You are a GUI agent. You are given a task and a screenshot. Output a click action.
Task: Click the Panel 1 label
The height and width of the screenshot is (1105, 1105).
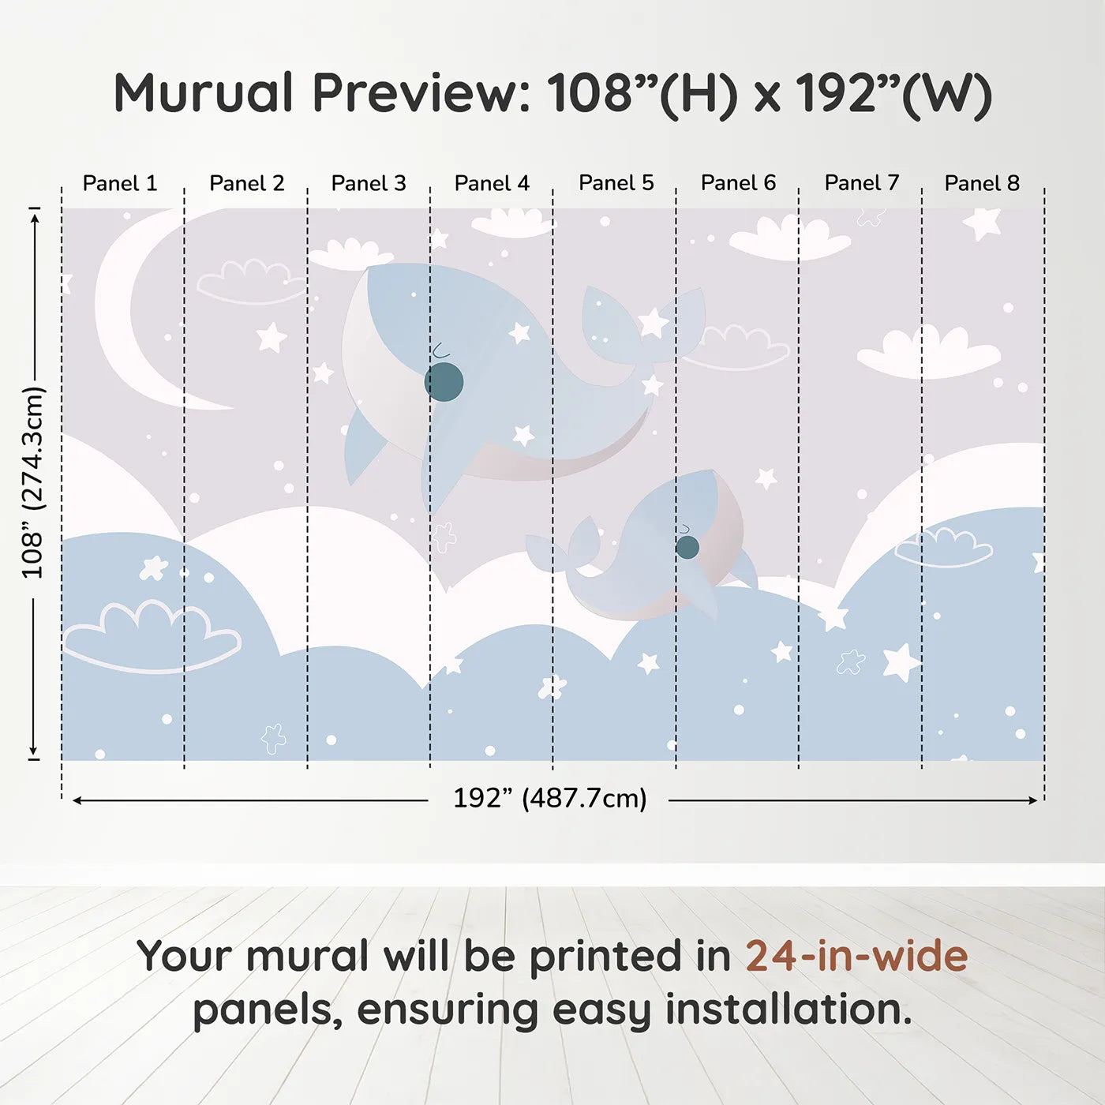(x=120, y=183)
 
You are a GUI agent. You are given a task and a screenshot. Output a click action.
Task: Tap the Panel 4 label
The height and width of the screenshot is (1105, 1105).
(x=492, y=183)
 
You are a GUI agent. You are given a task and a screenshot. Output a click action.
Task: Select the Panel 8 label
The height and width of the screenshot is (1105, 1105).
(x=982, y=183)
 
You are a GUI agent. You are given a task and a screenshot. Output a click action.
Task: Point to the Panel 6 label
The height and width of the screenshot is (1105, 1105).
(x=738, y=183)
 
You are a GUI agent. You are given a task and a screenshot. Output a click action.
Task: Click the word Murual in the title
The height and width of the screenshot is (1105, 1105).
(x=204, y=92)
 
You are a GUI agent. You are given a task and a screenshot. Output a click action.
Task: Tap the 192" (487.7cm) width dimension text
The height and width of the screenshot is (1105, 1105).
(x=549, y=798)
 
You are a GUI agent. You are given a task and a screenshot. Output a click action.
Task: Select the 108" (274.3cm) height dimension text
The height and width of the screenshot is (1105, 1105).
(x=32, y=482)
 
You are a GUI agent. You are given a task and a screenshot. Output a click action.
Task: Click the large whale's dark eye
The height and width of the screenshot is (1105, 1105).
(x=444, y=382)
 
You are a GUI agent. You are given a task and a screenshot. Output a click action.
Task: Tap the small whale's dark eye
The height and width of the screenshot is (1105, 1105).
(x=687, y=547)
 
